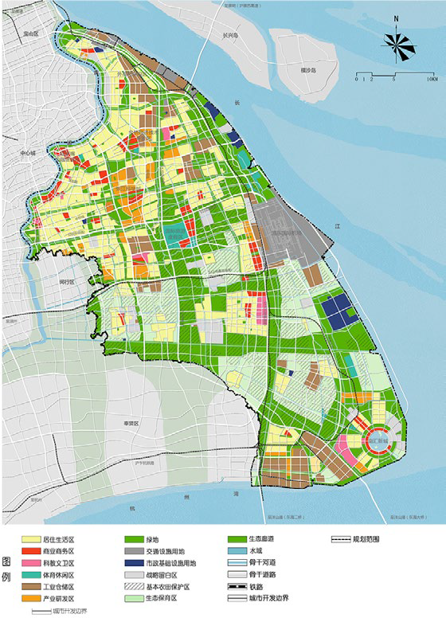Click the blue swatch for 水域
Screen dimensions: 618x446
[x=238, y=551]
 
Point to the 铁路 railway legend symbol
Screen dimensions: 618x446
[x=238, y=586]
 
